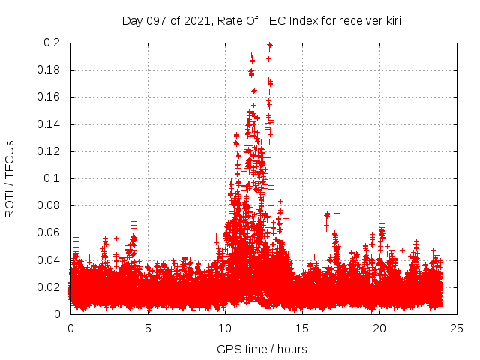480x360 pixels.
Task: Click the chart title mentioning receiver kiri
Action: coord(262,21)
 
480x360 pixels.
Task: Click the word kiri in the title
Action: coord(391,21)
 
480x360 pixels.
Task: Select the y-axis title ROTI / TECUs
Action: coord(10,178)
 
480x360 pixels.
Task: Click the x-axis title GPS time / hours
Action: coord(262,349)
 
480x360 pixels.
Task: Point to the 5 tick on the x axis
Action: coord(148,328)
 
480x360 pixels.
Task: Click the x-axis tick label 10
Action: coord(225,328)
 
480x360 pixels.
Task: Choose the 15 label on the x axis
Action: coord(302,328)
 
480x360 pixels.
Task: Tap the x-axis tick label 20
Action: coord(379,328)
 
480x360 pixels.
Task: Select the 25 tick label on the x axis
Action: coord(457,328)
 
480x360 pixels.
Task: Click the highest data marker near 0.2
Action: coord(270,45)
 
